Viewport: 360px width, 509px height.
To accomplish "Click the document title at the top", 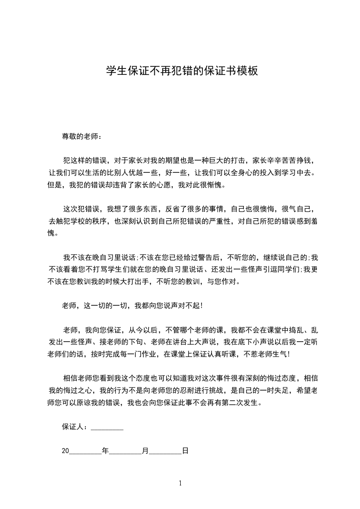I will [x=182, y=71].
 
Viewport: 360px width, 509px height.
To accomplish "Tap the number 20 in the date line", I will [x=65, y=451].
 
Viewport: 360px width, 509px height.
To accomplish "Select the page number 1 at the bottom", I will [x=180, y=483].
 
